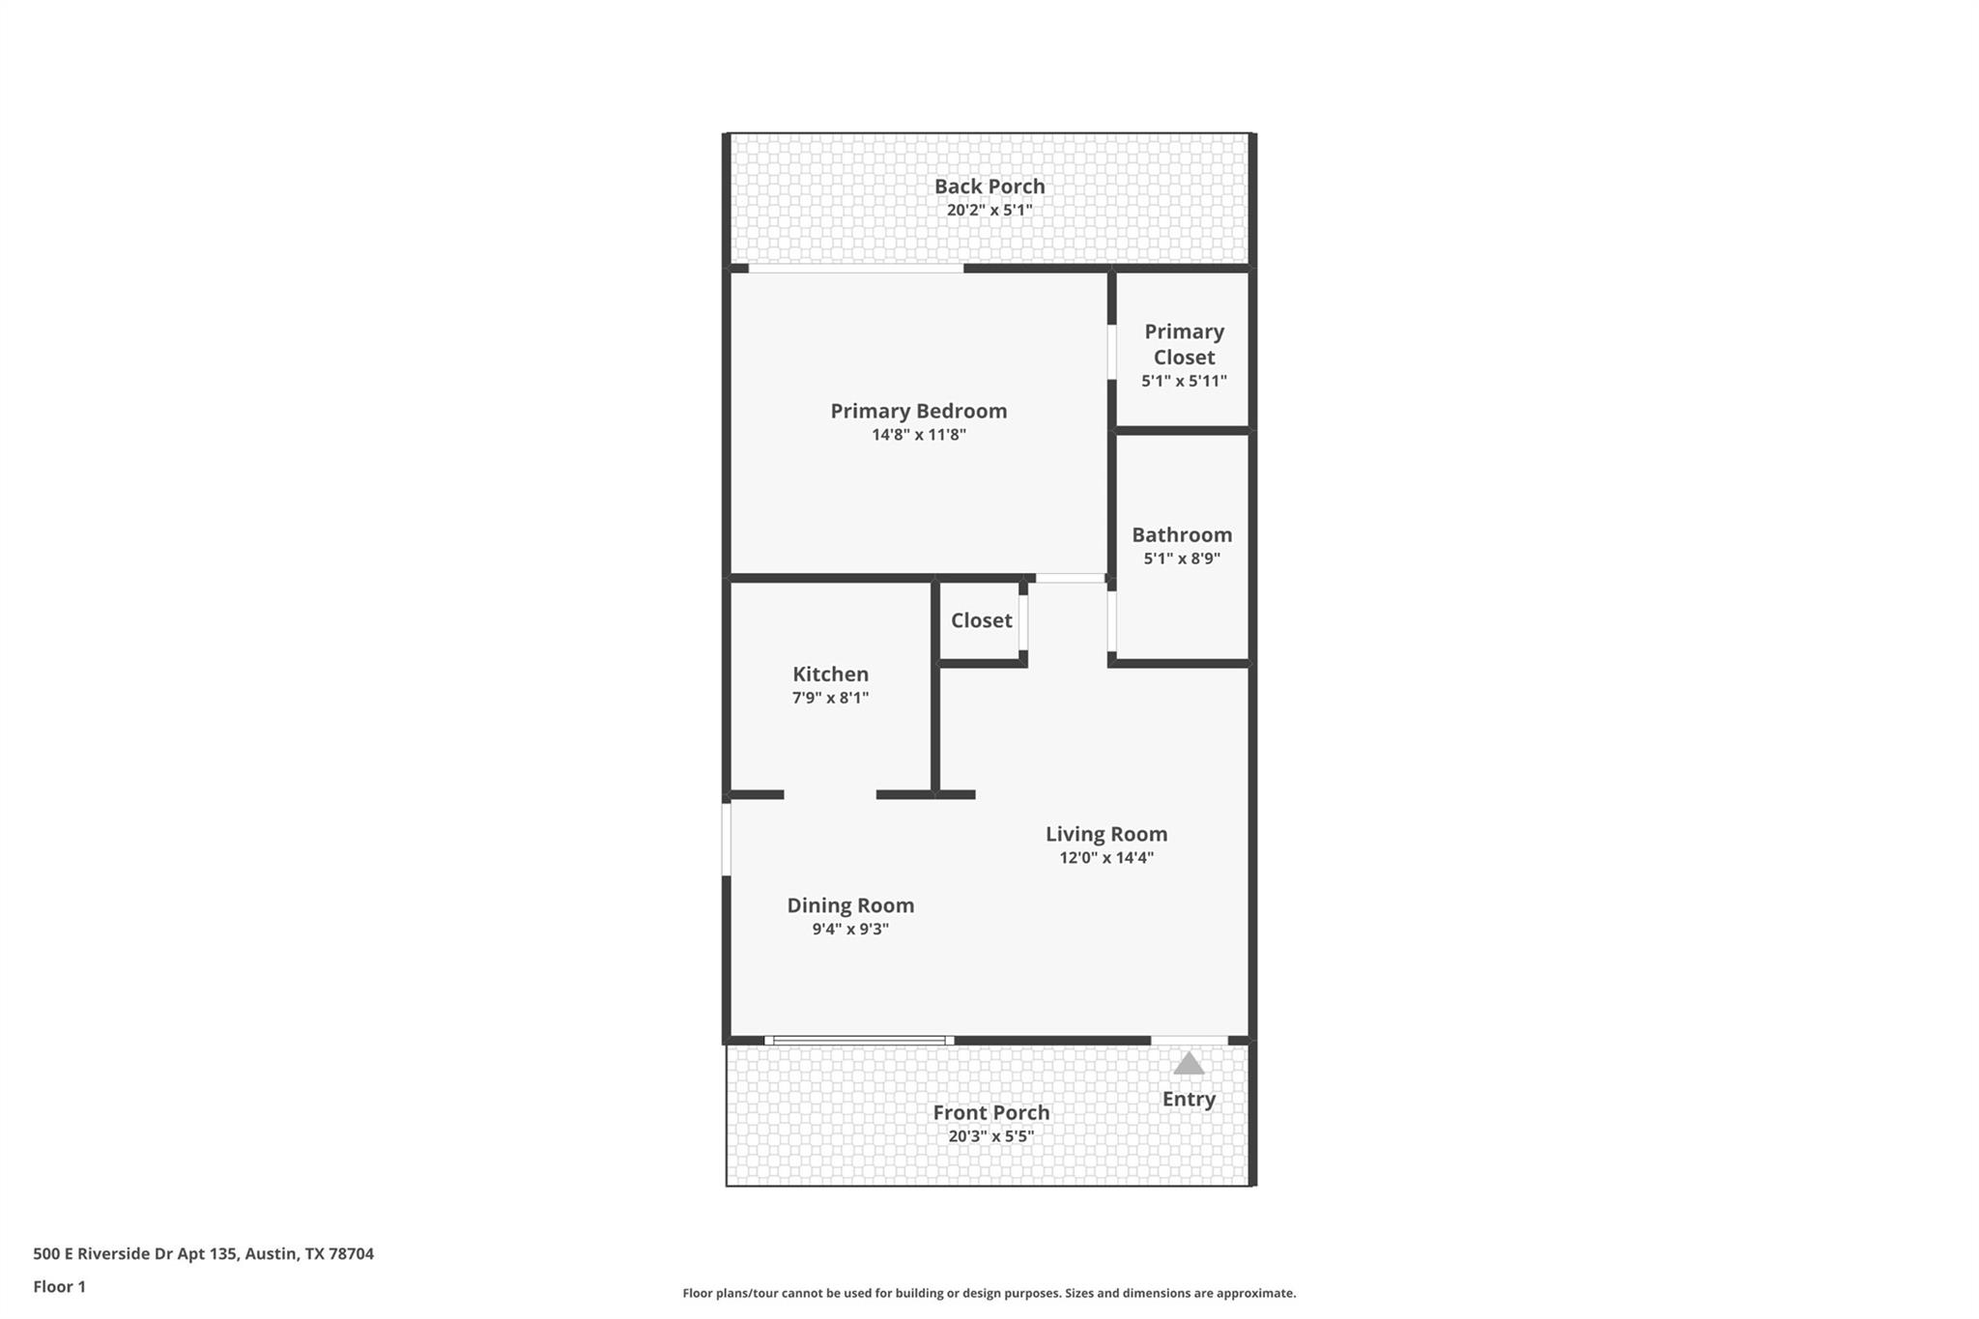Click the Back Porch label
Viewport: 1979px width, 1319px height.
pos(989,186)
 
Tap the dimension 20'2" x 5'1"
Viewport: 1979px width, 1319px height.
pos(989,211)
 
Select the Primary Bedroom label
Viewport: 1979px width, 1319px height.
pos(918,411)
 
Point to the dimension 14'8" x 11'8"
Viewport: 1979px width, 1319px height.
pos(918,435)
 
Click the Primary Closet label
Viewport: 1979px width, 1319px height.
pos(1184,344)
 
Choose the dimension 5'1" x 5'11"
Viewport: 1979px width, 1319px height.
pos(1184,381)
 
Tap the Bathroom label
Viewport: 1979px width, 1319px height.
pos(1182,534)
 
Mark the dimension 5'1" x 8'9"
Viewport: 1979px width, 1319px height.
pos(1182,559)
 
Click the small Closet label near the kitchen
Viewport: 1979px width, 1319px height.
pos(981,620)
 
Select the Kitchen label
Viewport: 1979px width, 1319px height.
pos(830,674)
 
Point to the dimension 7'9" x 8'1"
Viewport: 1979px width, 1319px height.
pos(830,698)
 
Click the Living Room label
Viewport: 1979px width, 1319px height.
pos(1106,834)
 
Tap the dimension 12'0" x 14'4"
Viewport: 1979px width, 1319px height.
pos(1106,858)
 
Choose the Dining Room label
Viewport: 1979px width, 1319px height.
pos(850,905)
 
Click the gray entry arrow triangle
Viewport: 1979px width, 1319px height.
pos(1189,1065)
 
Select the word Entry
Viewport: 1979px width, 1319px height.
pos(1189,1099)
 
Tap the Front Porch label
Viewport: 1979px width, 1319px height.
pos(990,1112)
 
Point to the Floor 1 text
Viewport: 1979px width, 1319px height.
pos(59,1286)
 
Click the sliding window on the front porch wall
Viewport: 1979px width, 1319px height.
pos(859,1041)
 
